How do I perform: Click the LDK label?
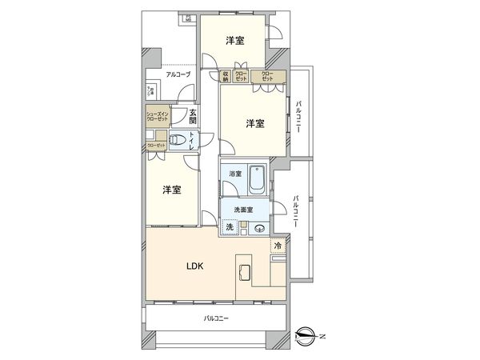tap(194, 266)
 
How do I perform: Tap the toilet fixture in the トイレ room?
tap(182, 142)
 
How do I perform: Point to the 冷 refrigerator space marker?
tap(278, 246)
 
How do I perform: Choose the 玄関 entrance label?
tap(193, 117)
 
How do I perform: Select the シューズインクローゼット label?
tap(157, 116)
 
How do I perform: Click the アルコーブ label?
tap(178, 75)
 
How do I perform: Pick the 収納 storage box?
tap(226, 77)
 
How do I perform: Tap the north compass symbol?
tap(306, 334)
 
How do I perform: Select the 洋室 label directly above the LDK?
tap(171, 190)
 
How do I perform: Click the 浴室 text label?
tap(235, 173)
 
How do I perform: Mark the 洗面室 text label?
tap(243, 210)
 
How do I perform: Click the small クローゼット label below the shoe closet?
tap(155, 145)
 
